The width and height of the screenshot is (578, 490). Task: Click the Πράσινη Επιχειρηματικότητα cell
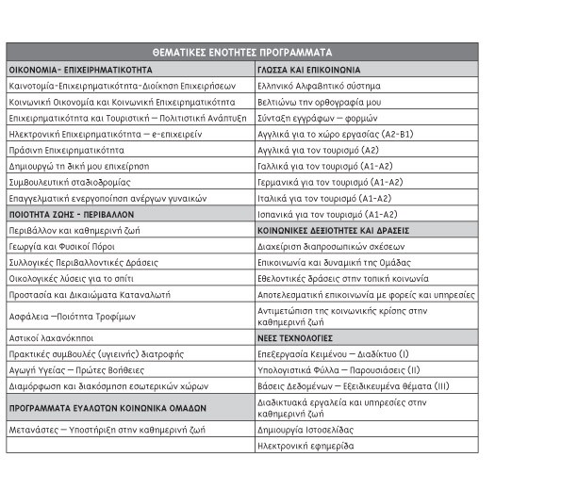(66, 149)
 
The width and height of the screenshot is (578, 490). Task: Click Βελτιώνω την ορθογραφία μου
(319, 101)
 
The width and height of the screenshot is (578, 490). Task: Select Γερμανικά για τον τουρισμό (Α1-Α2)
(330, 181)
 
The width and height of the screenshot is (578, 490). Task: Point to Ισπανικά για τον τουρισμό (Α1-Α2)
(327, 214)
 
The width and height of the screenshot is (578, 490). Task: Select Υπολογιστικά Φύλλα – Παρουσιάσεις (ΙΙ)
(337, 369)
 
